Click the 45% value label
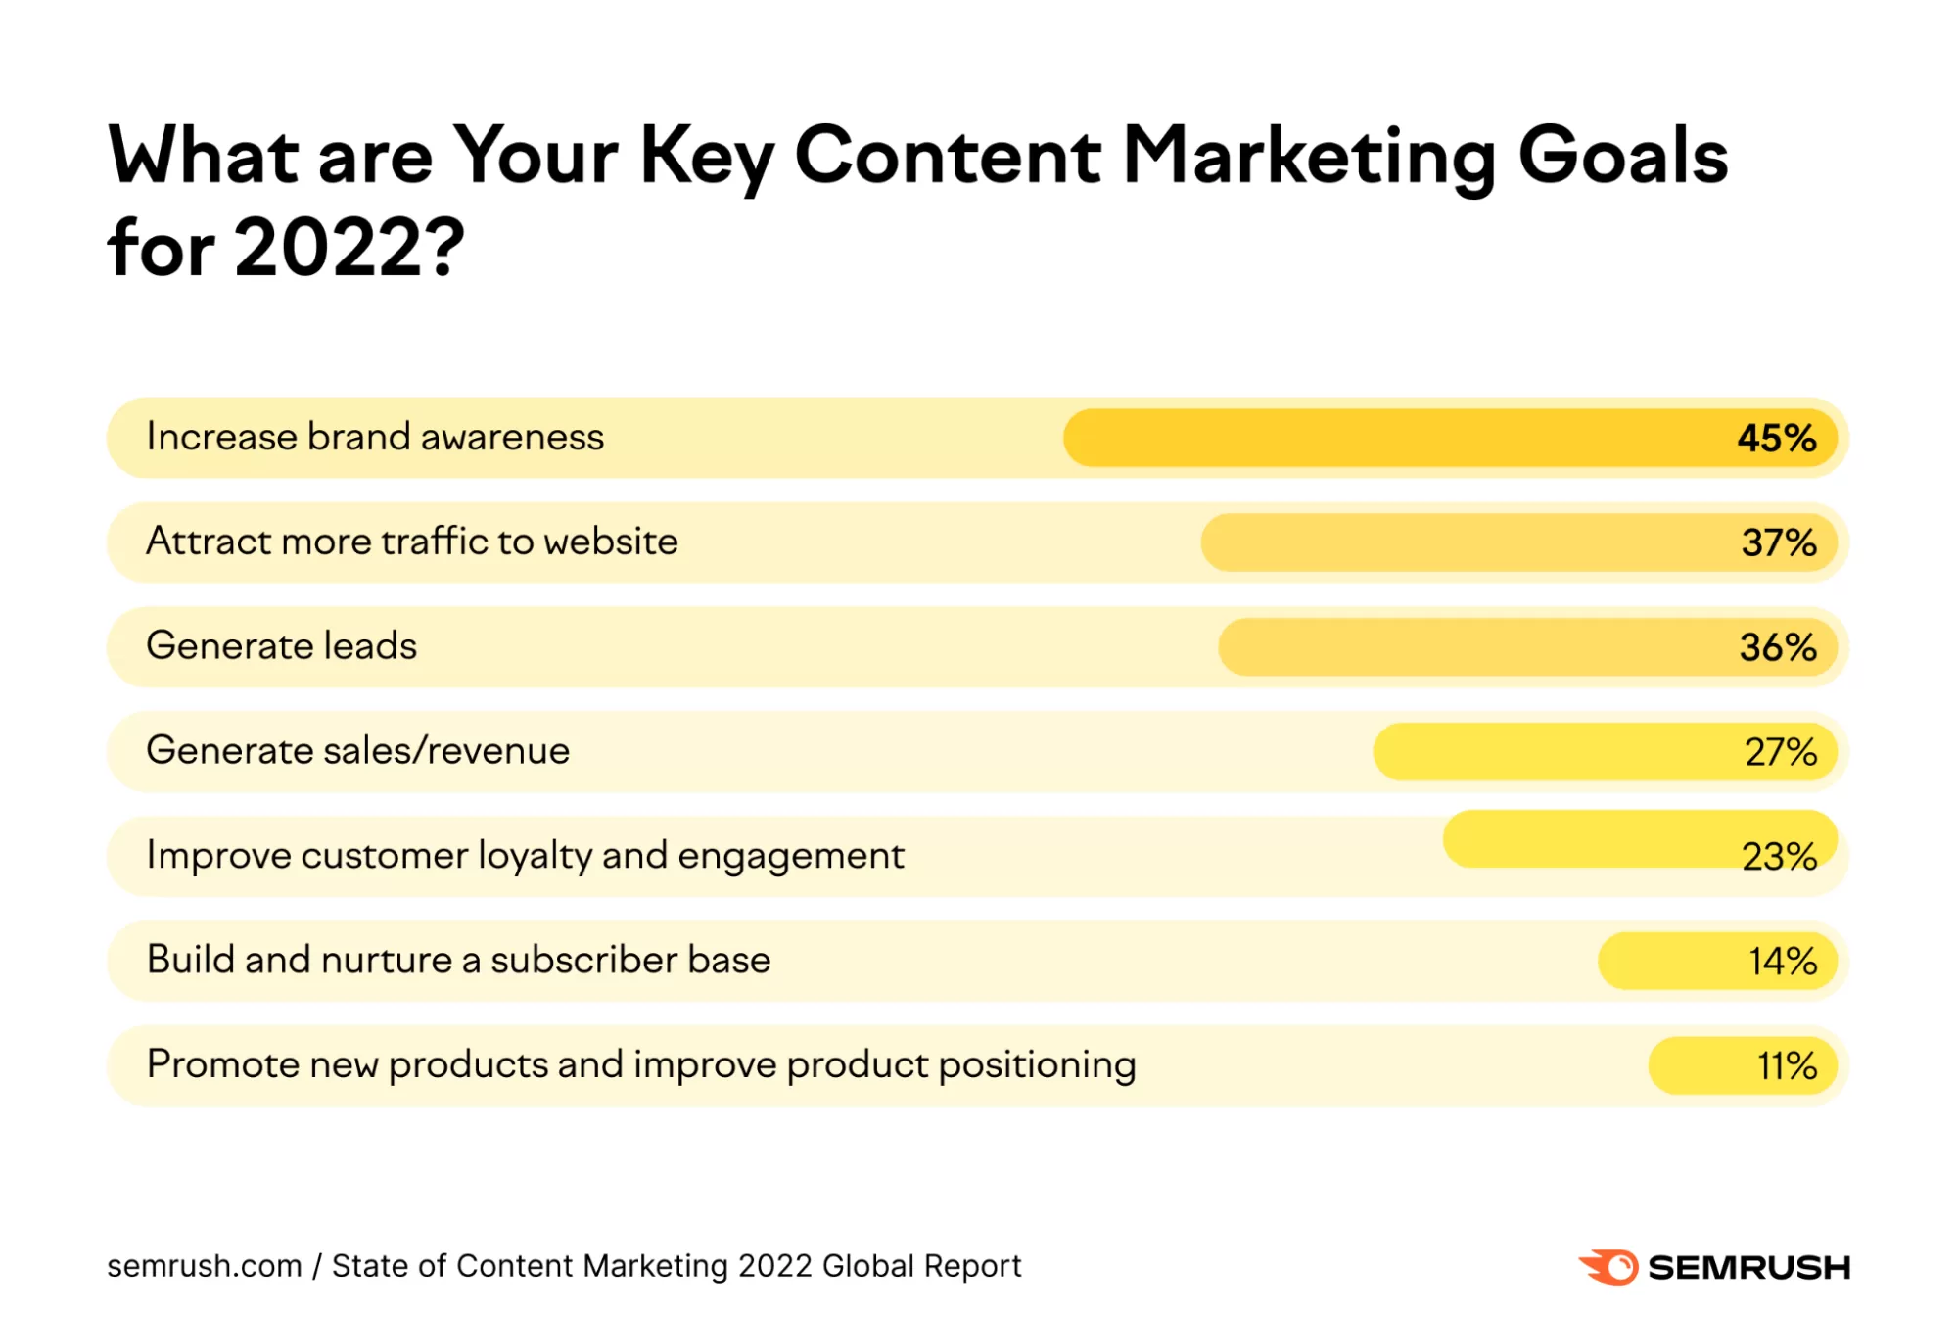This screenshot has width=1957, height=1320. [1776, 438]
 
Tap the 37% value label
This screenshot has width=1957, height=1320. [1778, 542]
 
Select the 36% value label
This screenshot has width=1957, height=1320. [1777, 647]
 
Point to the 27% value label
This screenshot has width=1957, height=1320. [1780, 752]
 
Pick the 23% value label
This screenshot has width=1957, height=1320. [1778, 857]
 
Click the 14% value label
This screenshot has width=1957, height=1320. [1782, 962]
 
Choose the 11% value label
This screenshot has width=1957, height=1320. [1786, 1066]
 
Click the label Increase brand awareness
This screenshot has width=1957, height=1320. [375, 437]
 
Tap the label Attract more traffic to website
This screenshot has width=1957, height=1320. [411, 542]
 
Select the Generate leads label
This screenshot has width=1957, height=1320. [281, 646]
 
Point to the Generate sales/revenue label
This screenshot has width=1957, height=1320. [357, 751]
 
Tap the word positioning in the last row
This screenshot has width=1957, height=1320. [1037, 1065]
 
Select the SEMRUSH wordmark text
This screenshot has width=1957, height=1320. [1748, 1268]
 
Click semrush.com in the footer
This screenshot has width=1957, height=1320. [204, 1266]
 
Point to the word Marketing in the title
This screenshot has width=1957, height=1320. [1309, 157]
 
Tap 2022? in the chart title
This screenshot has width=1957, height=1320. [349, 248]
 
